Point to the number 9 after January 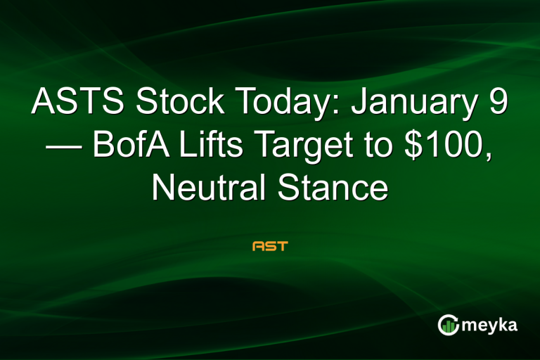pos(499,104)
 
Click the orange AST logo pos(270,247)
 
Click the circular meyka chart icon pos(449,326)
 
